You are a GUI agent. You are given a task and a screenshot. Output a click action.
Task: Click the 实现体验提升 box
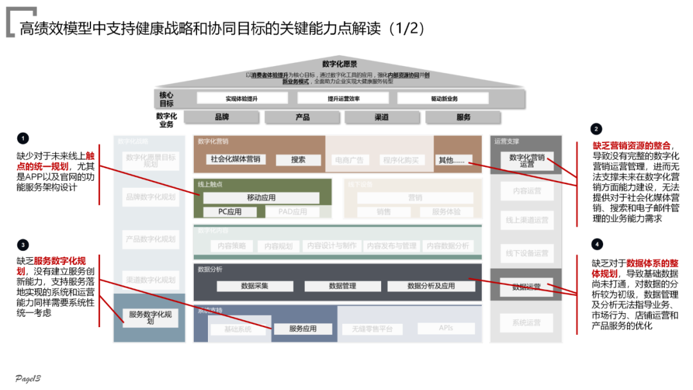pos(241,99)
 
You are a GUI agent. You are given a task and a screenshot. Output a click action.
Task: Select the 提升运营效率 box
pos(343,99)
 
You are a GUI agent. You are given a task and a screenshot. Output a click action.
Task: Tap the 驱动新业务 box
pos(444,99)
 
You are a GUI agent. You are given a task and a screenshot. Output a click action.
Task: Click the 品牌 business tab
pos(222,117)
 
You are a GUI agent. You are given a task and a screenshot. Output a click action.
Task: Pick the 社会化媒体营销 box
pos(235,159)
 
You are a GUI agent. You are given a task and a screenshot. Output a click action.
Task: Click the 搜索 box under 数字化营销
pos(298,160)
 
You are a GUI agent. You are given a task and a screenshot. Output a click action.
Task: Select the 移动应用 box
pos(261,198)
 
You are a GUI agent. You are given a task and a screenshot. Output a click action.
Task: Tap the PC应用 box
pos(230,212)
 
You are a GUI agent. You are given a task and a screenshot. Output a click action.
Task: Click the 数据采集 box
pos(255,286)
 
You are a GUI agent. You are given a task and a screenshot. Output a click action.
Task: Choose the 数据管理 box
pos(342,286)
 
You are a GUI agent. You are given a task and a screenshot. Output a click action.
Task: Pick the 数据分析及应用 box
pos(431,286)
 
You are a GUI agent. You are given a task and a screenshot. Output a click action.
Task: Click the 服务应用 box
pos(303,328)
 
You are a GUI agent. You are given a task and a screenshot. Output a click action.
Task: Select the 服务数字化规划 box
pos(150,318)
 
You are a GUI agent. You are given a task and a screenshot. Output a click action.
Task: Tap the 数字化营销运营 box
pos(526,160)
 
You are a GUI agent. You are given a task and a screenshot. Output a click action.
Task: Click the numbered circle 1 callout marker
pos(24,138)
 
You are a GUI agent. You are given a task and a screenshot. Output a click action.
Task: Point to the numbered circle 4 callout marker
pos(597,244)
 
